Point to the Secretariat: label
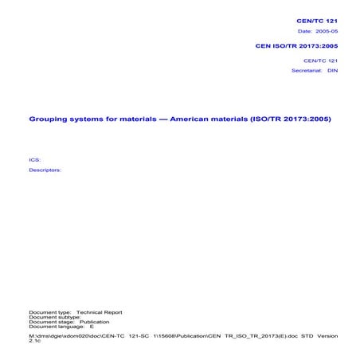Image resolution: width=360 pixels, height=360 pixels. [x=307, y=70]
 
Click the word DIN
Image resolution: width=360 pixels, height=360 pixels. [x=334, y=70]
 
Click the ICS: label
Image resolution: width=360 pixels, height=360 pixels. [x=34, y=159]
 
